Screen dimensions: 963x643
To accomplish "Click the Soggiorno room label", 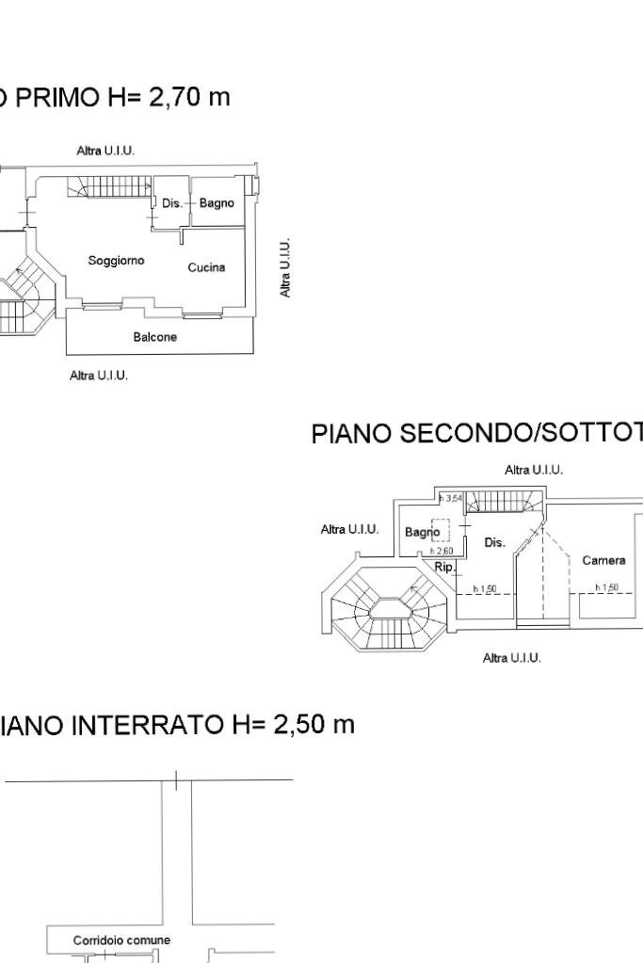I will point(116,260).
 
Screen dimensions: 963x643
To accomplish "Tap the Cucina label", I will point(206,267).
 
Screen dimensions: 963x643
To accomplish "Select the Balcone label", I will point(155,337).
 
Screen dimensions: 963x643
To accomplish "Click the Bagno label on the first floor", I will point(216,202).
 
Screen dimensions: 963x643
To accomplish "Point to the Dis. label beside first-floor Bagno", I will point(170,202).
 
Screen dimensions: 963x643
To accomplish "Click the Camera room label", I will point(603,560).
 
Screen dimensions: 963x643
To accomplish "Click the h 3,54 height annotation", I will point(452,497).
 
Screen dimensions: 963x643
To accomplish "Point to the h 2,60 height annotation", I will point(442,551).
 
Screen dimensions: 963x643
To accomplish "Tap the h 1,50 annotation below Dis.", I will point(485,588).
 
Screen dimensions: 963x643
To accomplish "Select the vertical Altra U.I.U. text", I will point(285,268).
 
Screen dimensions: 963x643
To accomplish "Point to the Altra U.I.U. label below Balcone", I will point(99,376).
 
